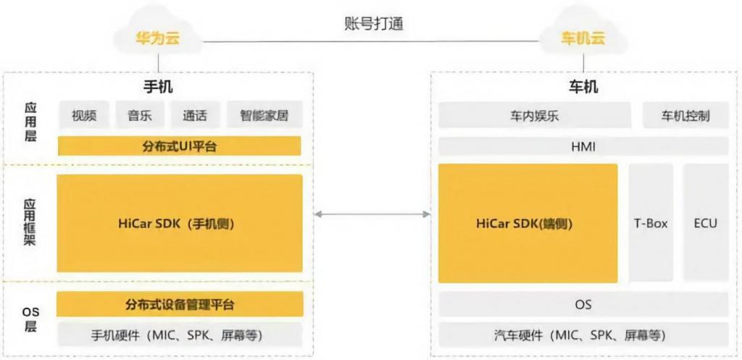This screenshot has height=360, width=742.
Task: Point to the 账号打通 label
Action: pos(373,22)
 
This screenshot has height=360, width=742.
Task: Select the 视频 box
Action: pos(83,116)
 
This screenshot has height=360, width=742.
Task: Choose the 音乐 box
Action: pos(139,116)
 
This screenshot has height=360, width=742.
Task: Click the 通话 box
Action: pos(195,116)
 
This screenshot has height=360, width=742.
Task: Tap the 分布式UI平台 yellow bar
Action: pos(179,146)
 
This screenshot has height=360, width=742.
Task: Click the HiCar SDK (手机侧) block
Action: pos(179,223)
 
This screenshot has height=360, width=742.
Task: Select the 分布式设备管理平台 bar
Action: pos(179,304)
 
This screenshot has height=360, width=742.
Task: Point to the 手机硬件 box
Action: pos(179,335)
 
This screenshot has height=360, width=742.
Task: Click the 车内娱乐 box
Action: pos(535,116)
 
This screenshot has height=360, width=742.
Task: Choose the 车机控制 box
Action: pos(685,116)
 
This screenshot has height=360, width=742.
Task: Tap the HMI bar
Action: pos(583,147)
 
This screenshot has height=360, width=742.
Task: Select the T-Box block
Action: pos(651,223)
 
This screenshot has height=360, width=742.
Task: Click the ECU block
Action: pos(705,223)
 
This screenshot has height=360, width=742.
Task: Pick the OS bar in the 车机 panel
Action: pos(583,305)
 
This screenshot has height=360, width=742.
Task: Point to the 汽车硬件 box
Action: pos(583,335)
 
